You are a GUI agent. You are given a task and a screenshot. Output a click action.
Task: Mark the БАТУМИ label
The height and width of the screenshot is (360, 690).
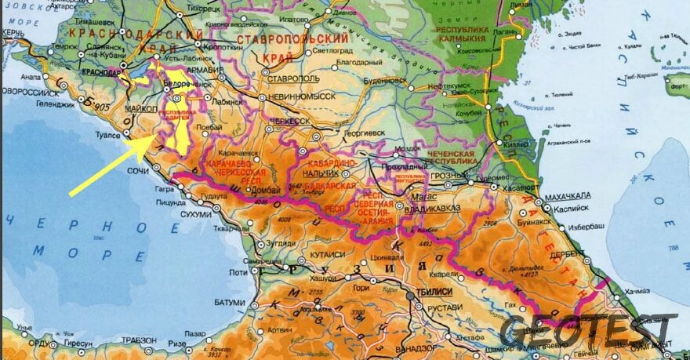[229, 303]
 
